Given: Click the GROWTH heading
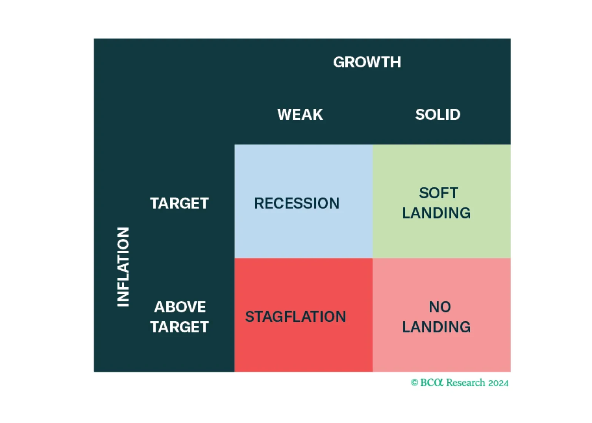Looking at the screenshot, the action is [x=367, y=62].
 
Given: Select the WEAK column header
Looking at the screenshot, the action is [x=300, y=115].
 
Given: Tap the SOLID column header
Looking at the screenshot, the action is [x=438, y=115].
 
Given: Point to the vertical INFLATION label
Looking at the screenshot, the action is [x=123, y=267].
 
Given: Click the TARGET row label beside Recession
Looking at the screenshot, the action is [x=179, y=203].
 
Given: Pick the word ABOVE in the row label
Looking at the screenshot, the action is [x=180, y=307].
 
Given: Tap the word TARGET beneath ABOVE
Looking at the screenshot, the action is [x=179, y=327].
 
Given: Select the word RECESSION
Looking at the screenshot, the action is [x=297, y=203].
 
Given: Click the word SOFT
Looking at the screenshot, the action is [x=439, y=193].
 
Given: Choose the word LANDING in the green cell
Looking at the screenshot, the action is [x=436, y=213].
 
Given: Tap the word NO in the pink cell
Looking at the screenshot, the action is [x=440, y=307].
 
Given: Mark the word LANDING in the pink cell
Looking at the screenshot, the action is [x=436, y=327].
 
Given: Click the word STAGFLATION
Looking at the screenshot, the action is [x=296, y=317].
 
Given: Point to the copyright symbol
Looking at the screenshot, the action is [x=415, y=383].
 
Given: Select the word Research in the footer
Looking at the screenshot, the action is [x=466, y=382].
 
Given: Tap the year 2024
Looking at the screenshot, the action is [x=498, y=383].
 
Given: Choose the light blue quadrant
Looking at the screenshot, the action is [x=303, y=201].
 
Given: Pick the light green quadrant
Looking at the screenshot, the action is [x=442, y=201].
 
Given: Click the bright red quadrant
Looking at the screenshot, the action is [x=303, y=315].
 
